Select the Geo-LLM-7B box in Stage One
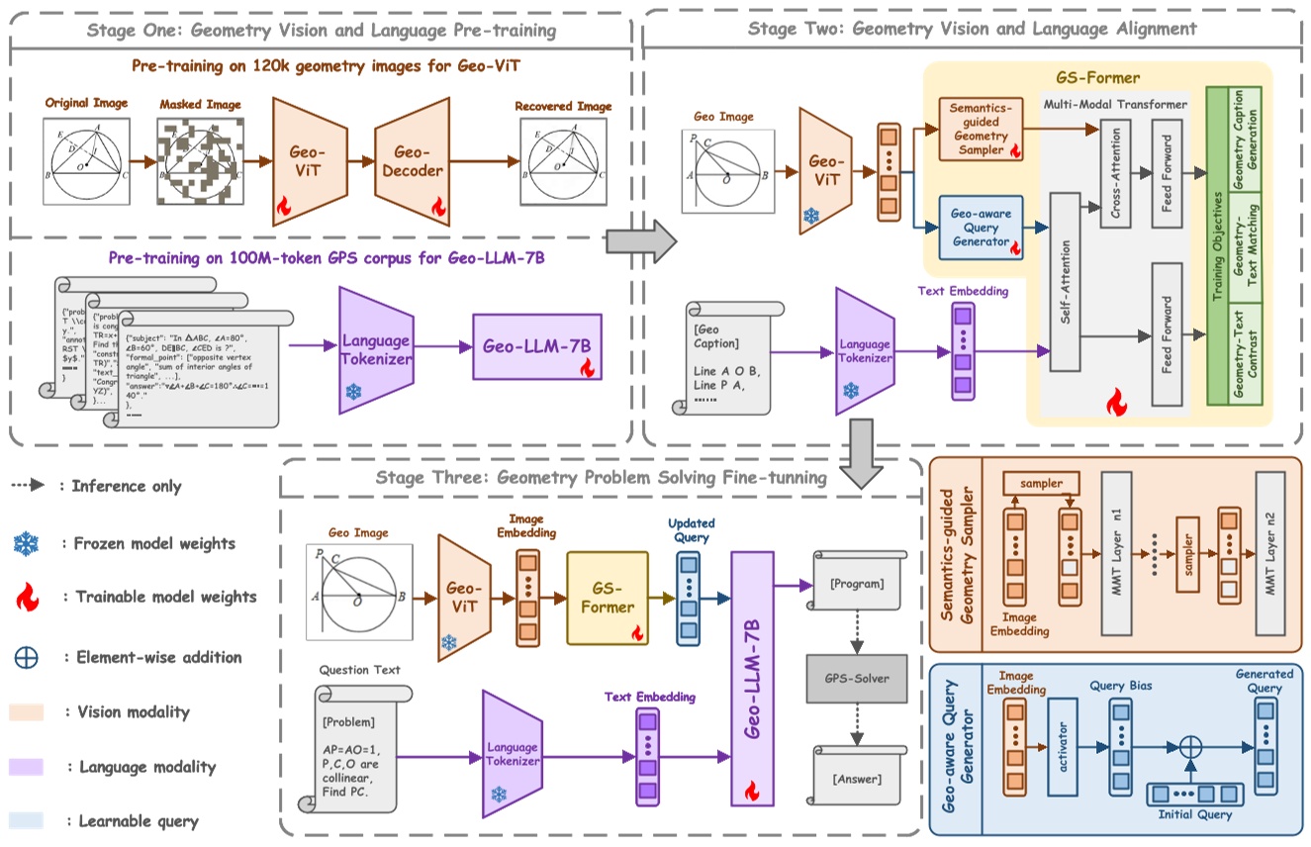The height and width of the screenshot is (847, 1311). (536, 348)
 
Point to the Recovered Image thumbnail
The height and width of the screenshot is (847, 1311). (564, 159)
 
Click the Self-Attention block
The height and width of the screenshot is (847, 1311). (1064, 277)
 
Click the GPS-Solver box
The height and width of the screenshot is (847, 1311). (857, 679)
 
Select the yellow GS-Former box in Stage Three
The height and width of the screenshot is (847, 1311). (607, 598)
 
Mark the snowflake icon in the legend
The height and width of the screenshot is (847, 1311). (25, 542)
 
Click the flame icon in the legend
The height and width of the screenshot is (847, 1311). (25, 597)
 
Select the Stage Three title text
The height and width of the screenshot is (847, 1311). (601, 478)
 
